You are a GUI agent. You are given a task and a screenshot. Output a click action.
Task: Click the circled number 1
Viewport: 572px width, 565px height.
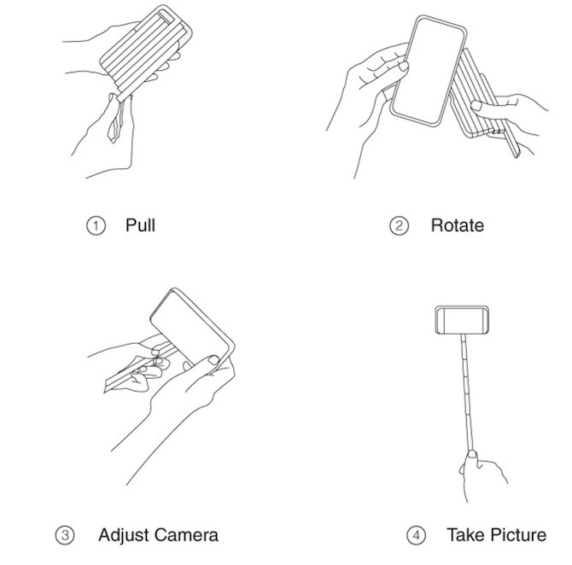coord(96,226)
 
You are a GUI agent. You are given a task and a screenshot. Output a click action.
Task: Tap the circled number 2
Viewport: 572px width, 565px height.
coord(399,226)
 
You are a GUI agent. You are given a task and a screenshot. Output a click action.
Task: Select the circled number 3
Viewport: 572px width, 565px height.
coord(65,535)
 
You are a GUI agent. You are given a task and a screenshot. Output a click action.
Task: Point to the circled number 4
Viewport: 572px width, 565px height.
coord(417,535)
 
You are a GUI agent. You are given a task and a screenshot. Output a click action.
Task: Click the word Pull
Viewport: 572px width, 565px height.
coord(141,225)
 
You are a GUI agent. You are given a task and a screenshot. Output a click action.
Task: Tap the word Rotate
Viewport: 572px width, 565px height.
coord(458,225)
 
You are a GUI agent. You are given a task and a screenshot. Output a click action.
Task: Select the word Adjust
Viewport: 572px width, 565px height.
coord(123,535)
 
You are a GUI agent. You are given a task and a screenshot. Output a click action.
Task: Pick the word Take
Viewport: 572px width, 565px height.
coord(467,535)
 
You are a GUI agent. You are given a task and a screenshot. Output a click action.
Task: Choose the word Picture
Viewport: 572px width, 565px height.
coord(518,535)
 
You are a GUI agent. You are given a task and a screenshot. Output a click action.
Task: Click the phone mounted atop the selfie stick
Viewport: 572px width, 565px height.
coord(462,320)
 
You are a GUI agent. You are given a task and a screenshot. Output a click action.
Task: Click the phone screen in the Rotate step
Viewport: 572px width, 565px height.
coord(429,70)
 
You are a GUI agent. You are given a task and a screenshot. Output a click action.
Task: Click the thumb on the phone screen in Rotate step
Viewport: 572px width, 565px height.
coord(401,67)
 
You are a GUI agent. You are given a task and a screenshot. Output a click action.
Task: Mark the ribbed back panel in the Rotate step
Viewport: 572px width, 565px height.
coord(478,98)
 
